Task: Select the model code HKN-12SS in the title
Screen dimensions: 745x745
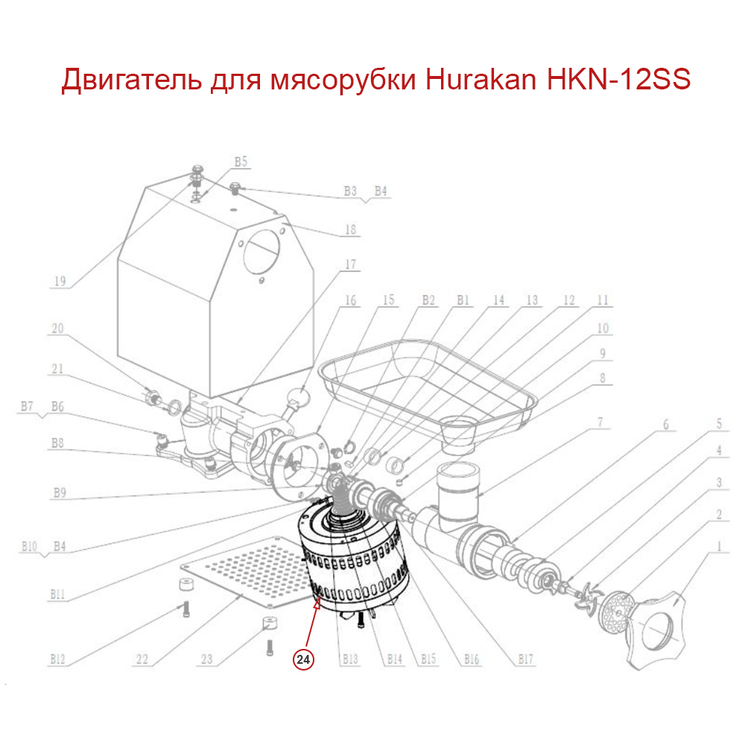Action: pos(618,80)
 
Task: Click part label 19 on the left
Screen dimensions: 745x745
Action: pos(60,281)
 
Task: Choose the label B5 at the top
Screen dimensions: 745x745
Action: pos(241,161)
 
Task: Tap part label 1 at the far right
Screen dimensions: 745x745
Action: pos(719,545)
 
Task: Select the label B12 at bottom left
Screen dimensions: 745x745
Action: pos(59,659)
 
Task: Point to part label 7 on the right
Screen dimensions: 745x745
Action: pos(601,423)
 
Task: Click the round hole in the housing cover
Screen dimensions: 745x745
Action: pos(263,254)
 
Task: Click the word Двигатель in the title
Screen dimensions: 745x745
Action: pos(130,80)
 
